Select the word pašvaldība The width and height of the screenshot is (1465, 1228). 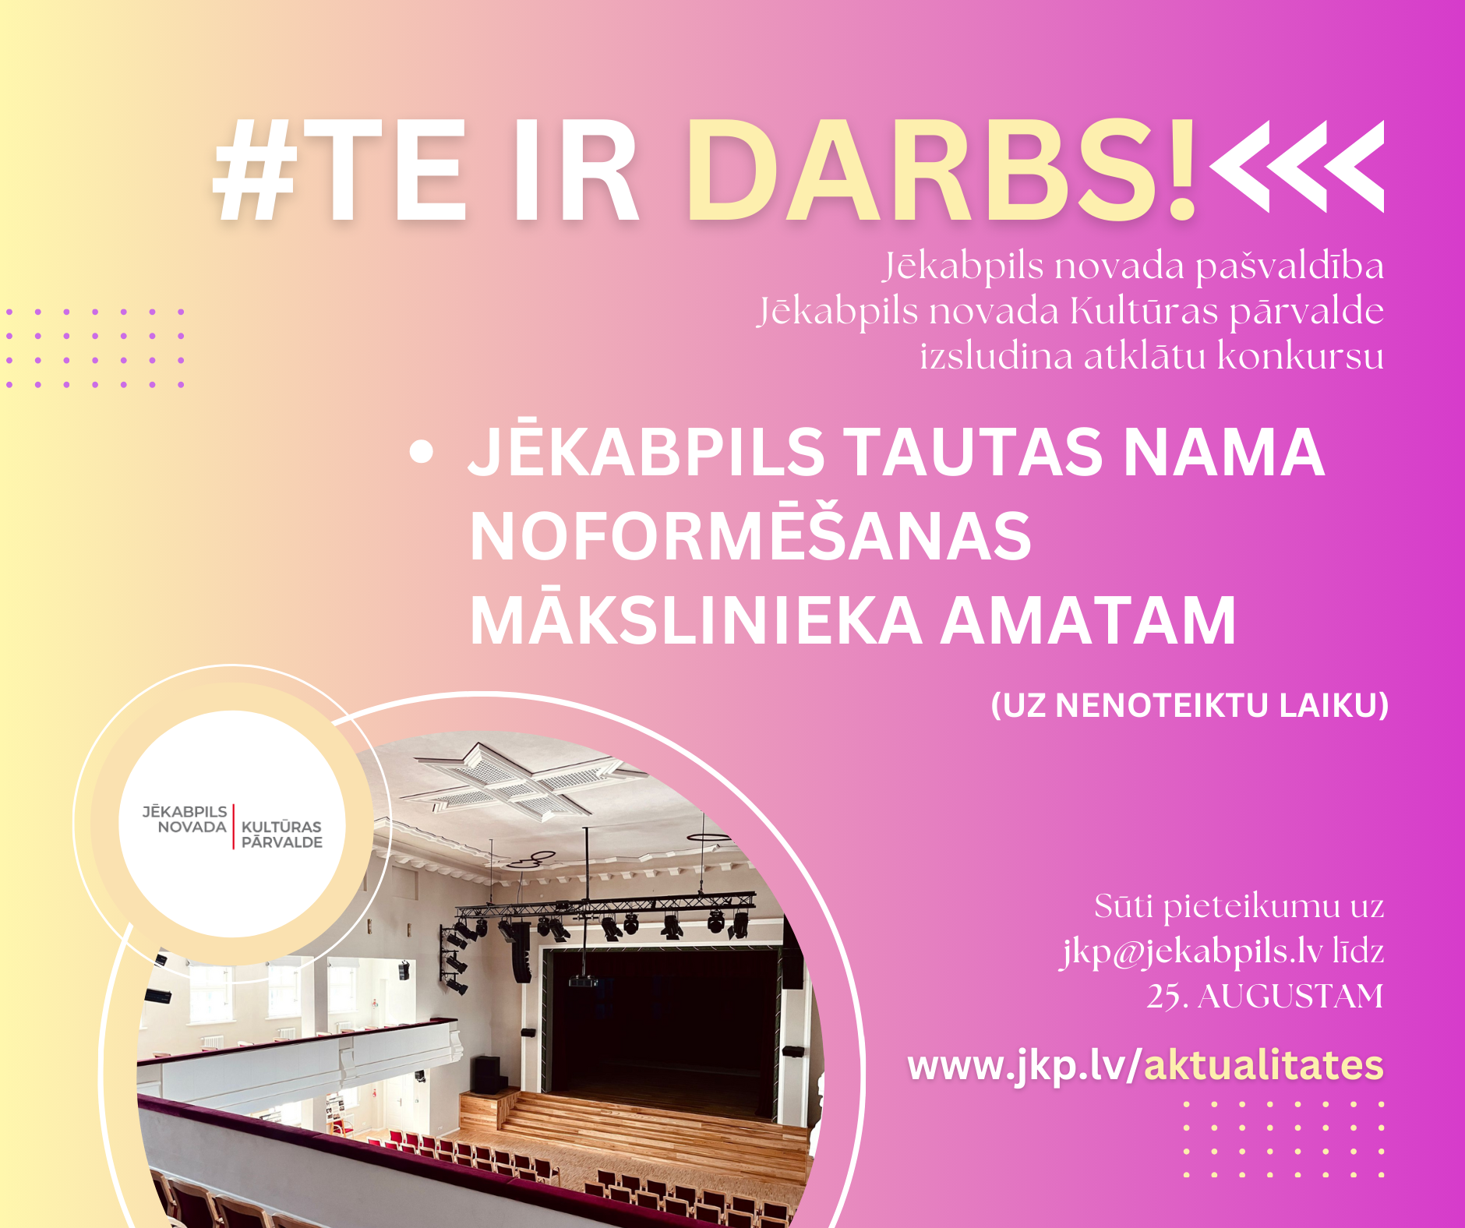(1290, 267)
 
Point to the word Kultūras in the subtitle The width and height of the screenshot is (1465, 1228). (1143, 311)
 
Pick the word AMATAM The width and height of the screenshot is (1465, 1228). (1089, 621)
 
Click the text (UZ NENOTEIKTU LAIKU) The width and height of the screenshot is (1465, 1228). (1190, 705)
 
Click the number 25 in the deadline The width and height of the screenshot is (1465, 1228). (1163, 997)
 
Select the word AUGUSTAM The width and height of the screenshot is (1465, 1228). (1290, 997)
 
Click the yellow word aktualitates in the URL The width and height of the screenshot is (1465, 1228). (1263, 1065)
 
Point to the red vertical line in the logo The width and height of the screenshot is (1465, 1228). (234, 826)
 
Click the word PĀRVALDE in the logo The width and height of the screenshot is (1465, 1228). (282, 842)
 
